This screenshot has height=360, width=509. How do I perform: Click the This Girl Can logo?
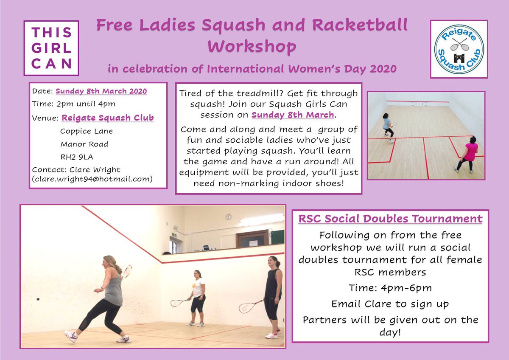coord(51,48)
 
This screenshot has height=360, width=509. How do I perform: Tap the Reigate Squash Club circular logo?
coord(459,49)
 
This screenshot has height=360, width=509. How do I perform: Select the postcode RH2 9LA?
coord(76,157)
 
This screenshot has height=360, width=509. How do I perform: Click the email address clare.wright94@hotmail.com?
coord(92,179)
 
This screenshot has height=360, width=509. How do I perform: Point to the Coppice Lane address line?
coord(87,131)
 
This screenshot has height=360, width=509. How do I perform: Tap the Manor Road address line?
coord(84,144)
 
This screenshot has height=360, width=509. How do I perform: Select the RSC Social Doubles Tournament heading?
coord(390,219)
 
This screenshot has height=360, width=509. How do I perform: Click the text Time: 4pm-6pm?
coord(390,288)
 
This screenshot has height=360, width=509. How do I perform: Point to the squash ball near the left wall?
coord(38,299)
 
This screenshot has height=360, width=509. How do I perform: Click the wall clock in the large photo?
coord(229,217)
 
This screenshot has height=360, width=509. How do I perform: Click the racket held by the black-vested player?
coord(251,307)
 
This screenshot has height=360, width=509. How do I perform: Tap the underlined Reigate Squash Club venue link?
coord(108,118)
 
